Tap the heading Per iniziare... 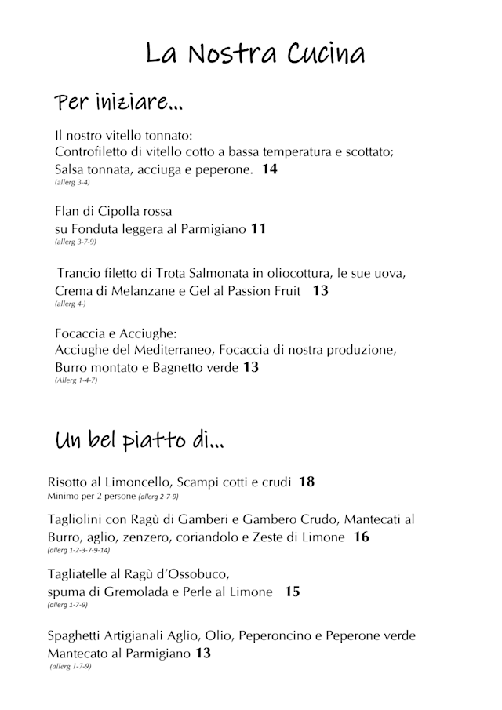tap(118, 103)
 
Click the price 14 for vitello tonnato tap(270, 169)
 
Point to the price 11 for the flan tap(259, 229)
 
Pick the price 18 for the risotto tap(307, 481)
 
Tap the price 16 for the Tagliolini tap(362, 537)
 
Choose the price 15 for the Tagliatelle tap(292, 592)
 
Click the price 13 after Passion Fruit tap(320, 290)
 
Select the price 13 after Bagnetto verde tap(251, 366)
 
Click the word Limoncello tap(135, 482)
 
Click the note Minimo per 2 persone tap(91, 496)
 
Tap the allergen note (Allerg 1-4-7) tap(76, 380)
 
